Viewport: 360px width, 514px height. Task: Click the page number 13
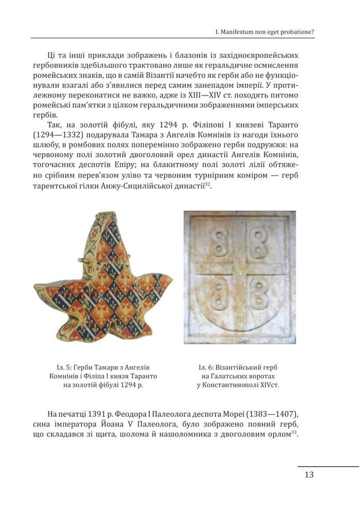click(x=309, y=474)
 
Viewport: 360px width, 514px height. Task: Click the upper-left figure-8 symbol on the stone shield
click(x=218, y=241)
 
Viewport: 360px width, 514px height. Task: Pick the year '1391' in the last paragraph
click(x=99, y=414)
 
